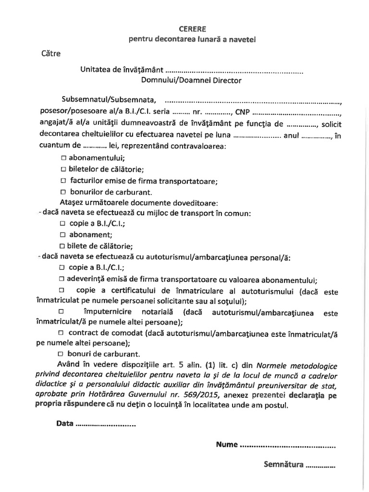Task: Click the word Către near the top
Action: click(x=51, y=54)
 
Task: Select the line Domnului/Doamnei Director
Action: click(x=191, y=80)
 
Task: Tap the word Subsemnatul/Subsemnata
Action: click(x=109, y=100)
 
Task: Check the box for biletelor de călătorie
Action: click(x=64, y=169)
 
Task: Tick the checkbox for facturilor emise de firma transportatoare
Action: click(x=64, y=181)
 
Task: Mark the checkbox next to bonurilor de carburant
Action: click(x=64, y=192)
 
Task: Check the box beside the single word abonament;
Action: click(x=63, y=235)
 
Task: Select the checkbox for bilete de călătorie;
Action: click(x=63, y=246)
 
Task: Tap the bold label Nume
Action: click(x=227, y=444)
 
